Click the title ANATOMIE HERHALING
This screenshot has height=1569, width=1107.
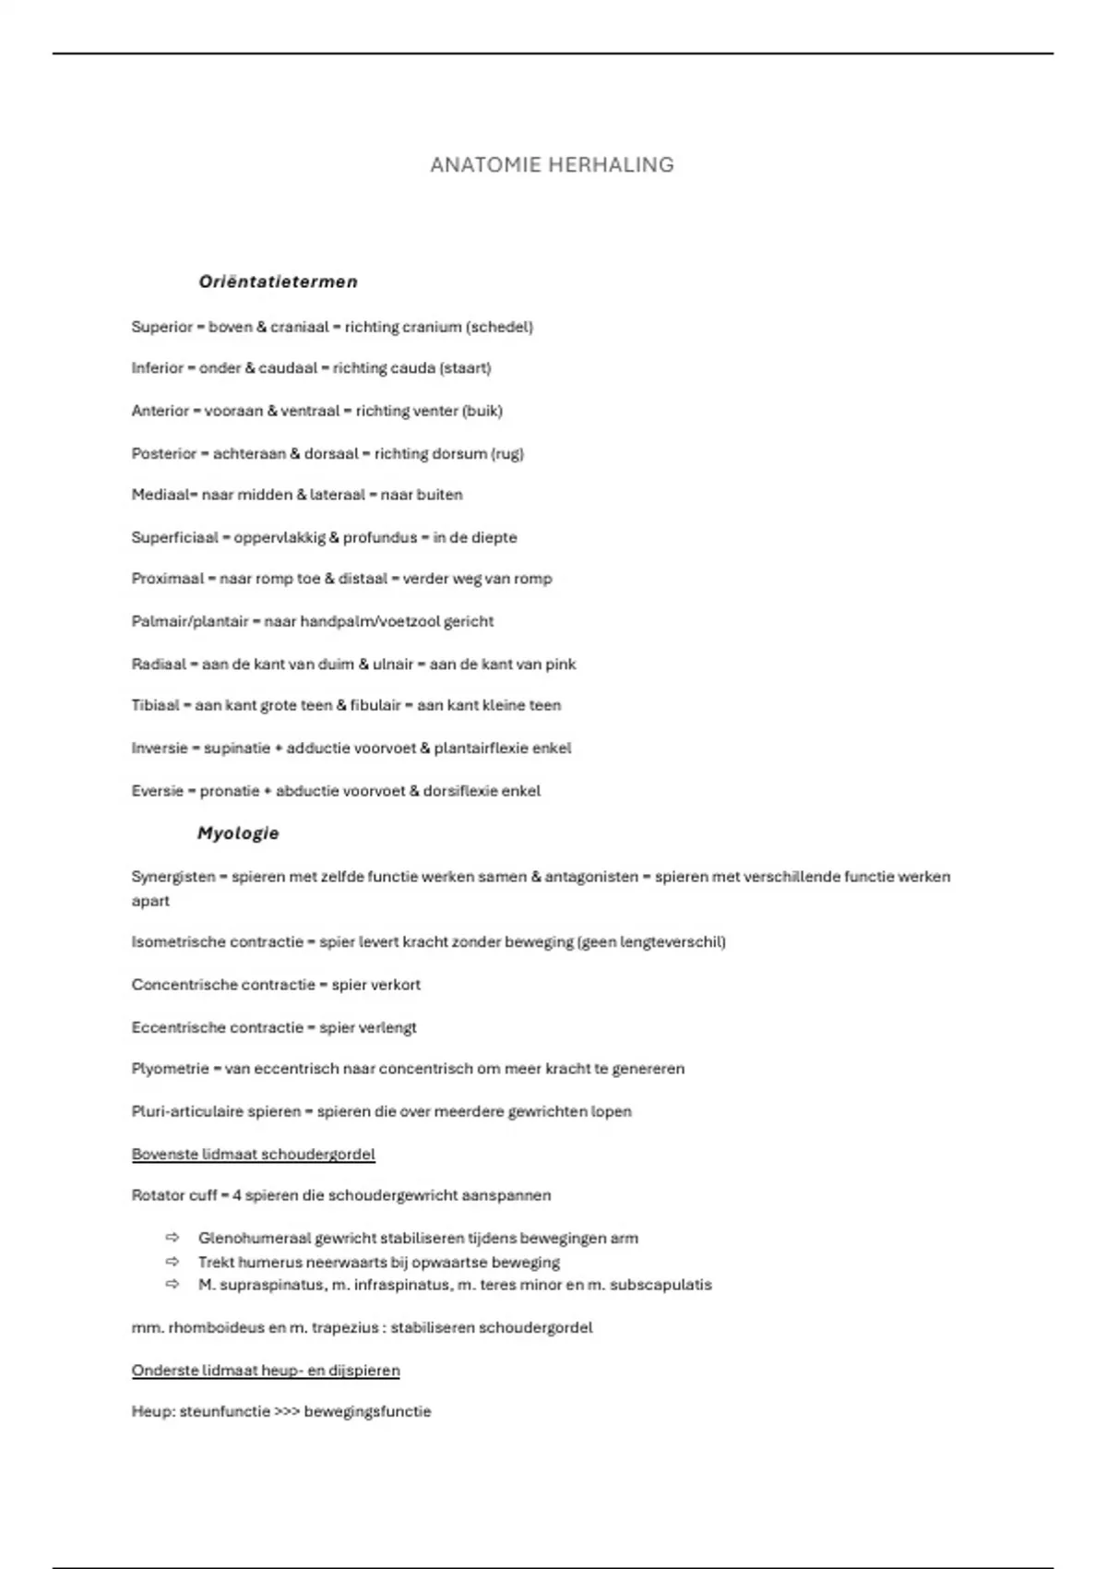552,165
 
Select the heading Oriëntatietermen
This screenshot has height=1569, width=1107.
278,281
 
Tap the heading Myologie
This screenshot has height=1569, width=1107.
238,833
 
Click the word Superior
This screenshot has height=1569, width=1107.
161,327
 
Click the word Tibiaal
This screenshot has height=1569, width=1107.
155,705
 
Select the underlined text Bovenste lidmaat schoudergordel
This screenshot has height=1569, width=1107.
254,1155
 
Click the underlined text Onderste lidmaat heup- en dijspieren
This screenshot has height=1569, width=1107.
266,1371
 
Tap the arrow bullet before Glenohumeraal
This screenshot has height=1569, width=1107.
173,1238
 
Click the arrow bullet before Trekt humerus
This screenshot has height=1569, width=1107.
173,1262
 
